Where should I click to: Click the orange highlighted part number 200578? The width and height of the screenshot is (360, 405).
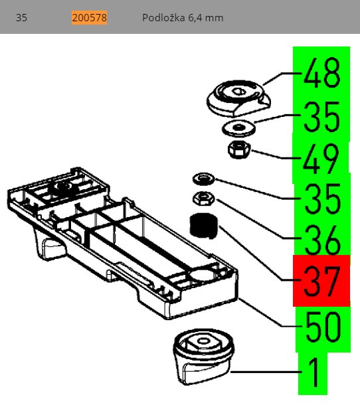[90, 17]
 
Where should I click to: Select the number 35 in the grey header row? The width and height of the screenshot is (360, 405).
[21, 17]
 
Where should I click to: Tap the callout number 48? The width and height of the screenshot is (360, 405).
[322, 72]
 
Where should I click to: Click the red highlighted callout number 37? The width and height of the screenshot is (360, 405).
[322, 282]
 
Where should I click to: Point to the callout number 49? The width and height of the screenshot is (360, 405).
[321, 159]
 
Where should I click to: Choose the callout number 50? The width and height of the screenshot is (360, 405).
[323, 327]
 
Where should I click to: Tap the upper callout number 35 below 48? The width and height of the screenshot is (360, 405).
[322, 116]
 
